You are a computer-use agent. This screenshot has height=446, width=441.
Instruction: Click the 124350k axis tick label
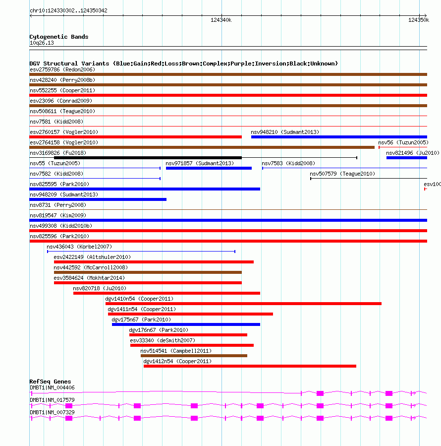click(419, 20)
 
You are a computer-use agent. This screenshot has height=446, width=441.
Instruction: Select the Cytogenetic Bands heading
click(59, 37)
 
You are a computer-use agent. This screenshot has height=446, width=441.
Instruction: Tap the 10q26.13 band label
click(42, 43)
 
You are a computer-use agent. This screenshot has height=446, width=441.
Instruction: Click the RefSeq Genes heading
click(50, 382)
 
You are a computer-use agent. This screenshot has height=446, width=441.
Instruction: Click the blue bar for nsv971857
click(209, 168)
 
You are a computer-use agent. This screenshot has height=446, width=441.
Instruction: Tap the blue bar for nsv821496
click(406, 158)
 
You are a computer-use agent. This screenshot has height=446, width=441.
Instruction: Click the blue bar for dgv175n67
click(186, 324)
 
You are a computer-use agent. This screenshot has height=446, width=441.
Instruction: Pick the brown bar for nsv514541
click(194, 356)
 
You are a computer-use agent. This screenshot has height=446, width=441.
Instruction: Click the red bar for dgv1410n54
click(243, 304)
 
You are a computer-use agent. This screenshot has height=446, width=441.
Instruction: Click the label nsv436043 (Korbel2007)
click(79, 247)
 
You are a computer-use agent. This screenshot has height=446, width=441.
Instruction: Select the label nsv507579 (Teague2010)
click(342, 174)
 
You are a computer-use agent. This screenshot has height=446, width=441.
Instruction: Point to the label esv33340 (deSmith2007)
click(163, 340)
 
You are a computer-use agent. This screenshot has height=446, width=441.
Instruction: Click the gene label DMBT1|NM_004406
click(52, 387)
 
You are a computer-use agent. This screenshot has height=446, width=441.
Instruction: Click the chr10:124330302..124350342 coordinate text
click(68, 10)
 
